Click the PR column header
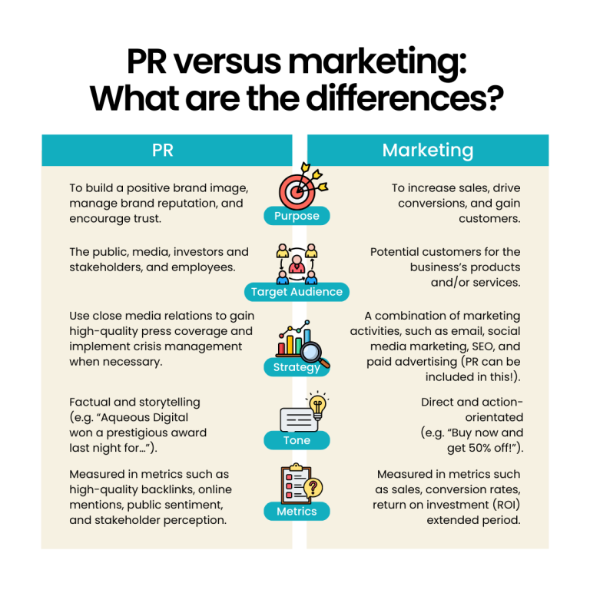pyautogui.click(x=163, y=150)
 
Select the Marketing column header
pyautogui.click(x=428, y=150)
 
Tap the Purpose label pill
pyautogui.click(x=297, y=216)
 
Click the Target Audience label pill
pyautogui.click(x=297, y=292)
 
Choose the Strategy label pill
pyautogui.click(x=297, y=367)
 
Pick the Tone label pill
pyautogui.click(x=297, y=440)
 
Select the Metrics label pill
pyautogui.click(x=297, y=511)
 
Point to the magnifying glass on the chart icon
pyautogui.click(x=313, y=353)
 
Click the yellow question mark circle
pyautogui.click(x=313, y=487)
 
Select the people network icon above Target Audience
pyautogui.click(x=297, y=263)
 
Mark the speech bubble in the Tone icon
pyautogui.click(x=299, y=419)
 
